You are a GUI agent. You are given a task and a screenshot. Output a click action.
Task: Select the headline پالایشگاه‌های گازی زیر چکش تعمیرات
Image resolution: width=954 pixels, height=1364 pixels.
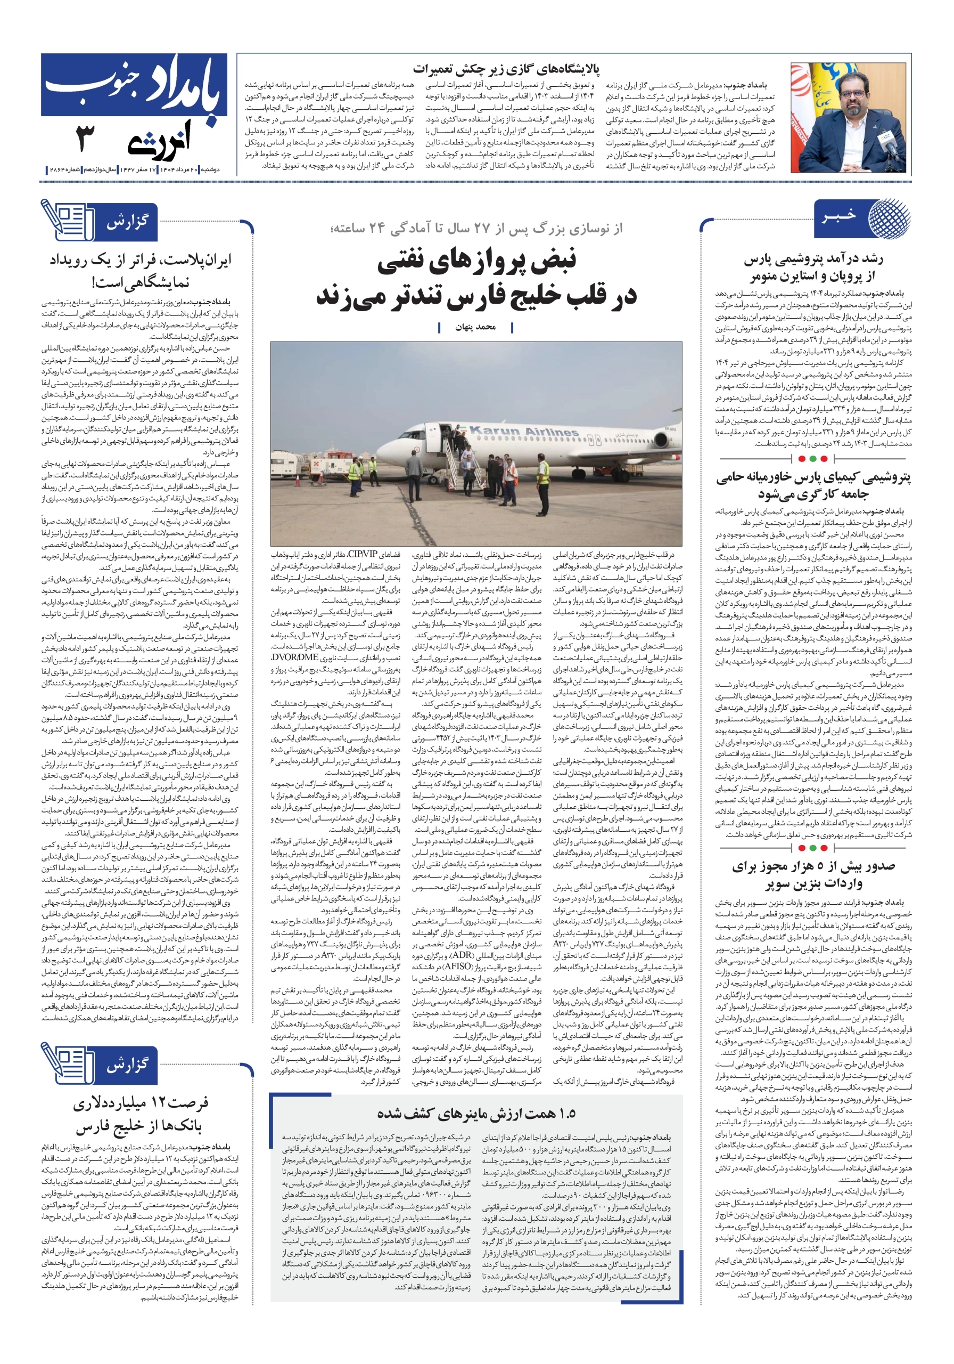(506, 69)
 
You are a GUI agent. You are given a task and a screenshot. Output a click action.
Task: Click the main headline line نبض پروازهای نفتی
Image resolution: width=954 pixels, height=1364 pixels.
(476, 262)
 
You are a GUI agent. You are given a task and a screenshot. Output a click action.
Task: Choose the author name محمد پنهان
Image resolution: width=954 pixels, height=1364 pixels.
(475, 327)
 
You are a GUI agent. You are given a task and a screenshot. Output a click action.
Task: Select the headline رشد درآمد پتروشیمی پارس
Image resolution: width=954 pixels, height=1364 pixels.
(813, 259)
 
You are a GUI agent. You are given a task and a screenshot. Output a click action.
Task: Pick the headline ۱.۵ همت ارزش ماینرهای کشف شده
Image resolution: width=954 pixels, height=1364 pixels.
(476, 1113)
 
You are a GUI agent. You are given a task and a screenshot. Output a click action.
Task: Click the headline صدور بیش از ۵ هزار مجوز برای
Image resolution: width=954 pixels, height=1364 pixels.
(813, 866)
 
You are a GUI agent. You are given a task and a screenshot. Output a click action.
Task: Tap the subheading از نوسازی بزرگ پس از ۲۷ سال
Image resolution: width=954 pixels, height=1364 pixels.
(476, 228)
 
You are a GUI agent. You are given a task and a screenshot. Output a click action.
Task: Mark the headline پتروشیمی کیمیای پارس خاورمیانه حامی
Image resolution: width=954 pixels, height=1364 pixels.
(813, 477)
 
